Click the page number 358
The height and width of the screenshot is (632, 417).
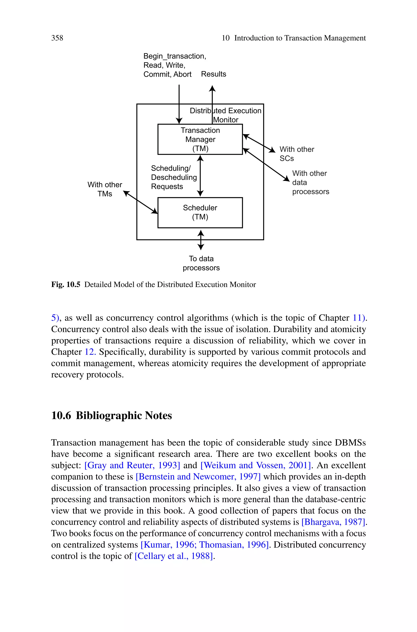coord(57,38)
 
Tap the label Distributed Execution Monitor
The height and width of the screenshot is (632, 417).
coord(226,115)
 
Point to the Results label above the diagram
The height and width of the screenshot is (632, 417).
coord(214,74)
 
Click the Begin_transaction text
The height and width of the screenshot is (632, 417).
coord(175,56)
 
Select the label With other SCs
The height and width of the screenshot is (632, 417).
coord(296,154)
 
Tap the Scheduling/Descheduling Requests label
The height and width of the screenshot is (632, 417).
coord(174,177)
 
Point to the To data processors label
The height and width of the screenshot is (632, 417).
coord(201,263)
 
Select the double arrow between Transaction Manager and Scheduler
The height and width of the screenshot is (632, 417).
coord(200,176)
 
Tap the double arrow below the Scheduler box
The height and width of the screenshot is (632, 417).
coord(201,240)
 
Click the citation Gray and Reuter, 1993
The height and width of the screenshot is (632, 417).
coord(132,465)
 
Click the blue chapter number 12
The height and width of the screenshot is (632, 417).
coord(90,352)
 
